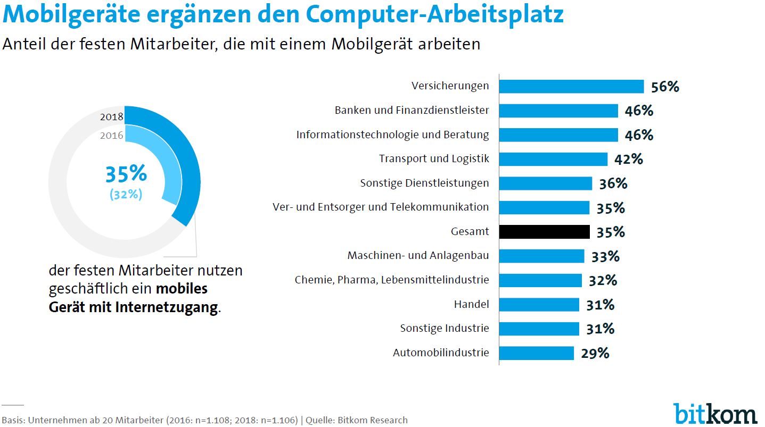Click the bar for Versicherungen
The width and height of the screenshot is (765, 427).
click(571, 86)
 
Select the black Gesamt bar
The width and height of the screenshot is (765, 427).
click(545, 232)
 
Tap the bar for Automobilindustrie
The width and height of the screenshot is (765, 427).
click(537, 353)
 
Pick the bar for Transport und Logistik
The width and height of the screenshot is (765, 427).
click(553, 159)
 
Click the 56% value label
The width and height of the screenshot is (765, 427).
click(665, 87)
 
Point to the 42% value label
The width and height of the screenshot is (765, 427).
click(629, 159)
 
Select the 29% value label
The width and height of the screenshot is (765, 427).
click(595, 353)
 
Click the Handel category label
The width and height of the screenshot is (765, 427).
click(471, 304)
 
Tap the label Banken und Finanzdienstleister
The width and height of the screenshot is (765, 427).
click(412, 111)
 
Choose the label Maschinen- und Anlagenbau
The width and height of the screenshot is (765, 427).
click(418, 256)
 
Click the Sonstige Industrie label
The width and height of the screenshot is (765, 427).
click(445, 328)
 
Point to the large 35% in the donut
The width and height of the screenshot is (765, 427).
click(126, 174)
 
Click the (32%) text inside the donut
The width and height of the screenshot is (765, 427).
click(126, 195)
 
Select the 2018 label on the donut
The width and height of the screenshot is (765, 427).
click(112, 117)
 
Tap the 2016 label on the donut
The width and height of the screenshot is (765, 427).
click(112, 136)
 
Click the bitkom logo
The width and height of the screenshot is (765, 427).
click(714, 413)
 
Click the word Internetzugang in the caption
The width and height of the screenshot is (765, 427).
click(166, 307)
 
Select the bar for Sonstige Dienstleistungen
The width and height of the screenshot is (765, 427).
click(546, 183)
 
